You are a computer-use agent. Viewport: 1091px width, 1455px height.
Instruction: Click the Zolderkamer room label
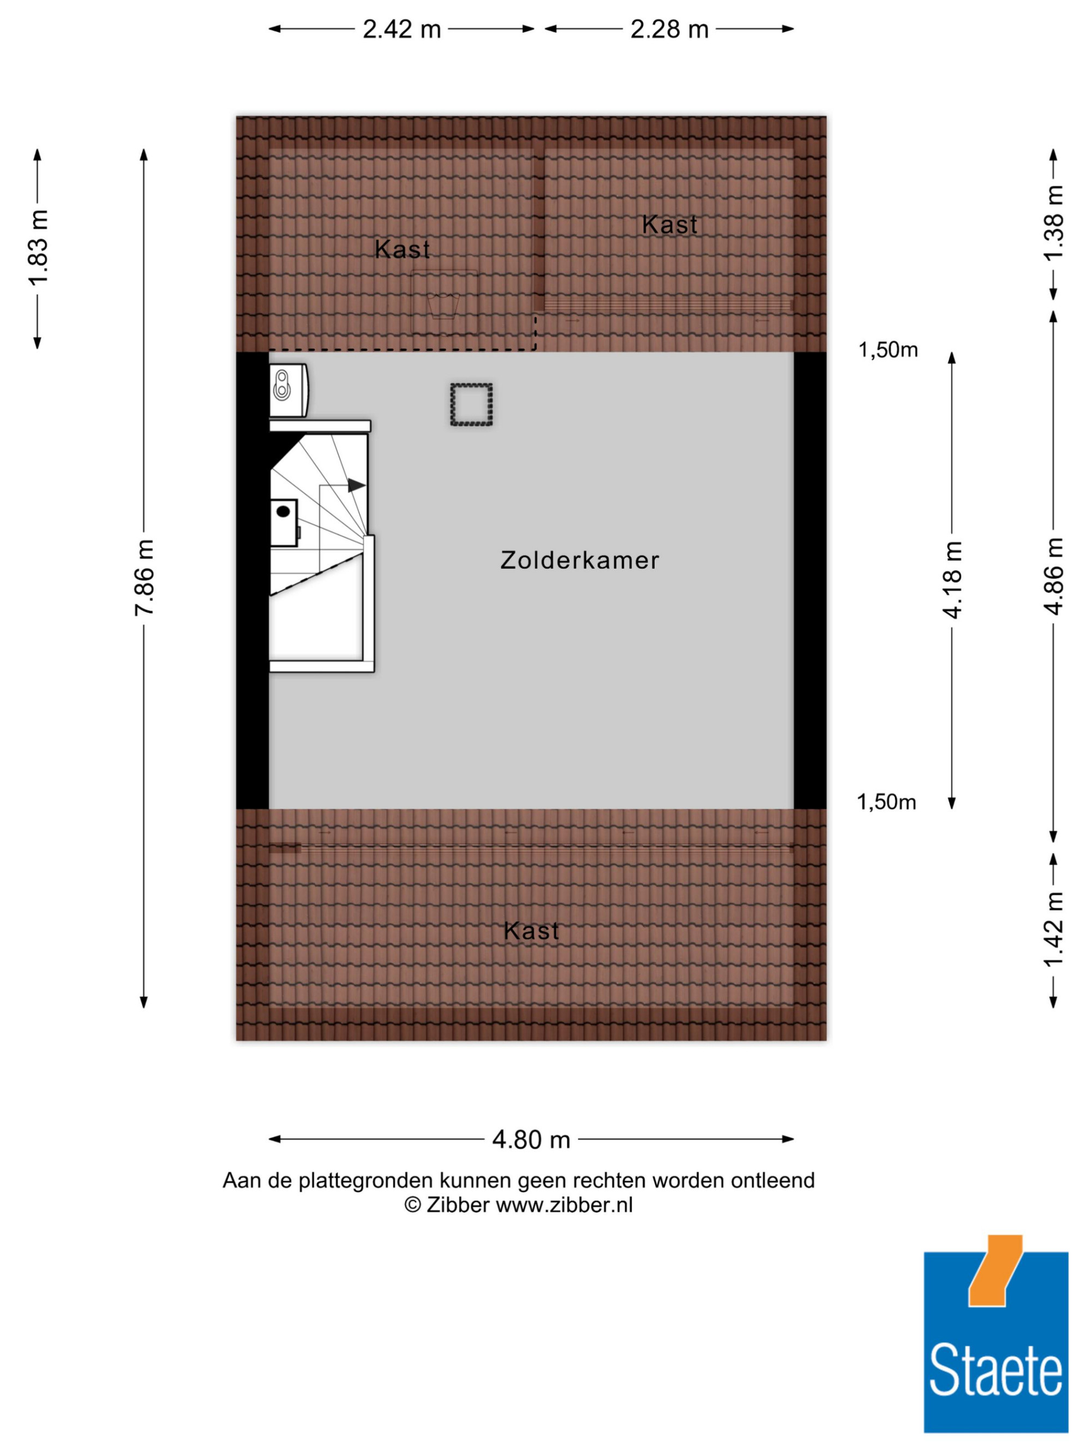click(x=579, y=560)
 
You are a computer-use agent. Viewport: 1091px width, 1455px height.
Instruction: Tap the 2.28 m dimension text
click(x=669, y=29)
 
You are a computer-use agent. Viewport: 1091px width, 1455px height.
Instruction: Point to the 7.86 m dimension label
click(x=144, y=578)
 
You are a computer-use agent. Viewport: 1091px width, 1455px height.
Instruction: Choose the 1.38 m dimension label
click(x=1053, y=223)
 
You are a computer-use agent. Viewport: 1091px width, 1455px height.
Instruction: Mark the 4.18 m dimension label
click(x=951, y=579)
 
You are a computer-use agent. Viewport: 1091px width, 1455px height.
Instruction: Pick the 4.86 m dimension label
click(x=1053, y=576)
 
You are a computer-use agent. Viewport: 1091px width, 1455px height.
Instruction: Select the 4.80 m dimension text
click(x=531, y=1139)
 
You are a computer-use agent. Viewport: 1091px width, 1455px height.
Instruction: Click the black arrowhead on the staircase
click(x=356, y=486)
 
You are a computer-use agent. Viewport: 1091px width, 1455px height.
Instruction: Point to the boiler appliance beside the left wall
click(x=288, y=390)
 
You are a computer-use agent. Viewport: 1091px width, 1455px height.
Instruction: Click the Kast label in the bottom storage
click(x=531, y=931)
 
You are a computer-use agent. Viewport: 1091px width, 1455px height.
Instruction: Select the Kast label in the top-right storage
click(x=669, y=225)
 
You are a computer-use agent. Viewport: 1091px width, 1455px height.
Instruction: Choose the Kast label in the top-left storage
click(x=402, y=249)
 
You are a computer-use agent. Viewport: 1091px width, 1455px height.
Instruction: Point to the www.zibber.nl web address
click(x=564, y=1205)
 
